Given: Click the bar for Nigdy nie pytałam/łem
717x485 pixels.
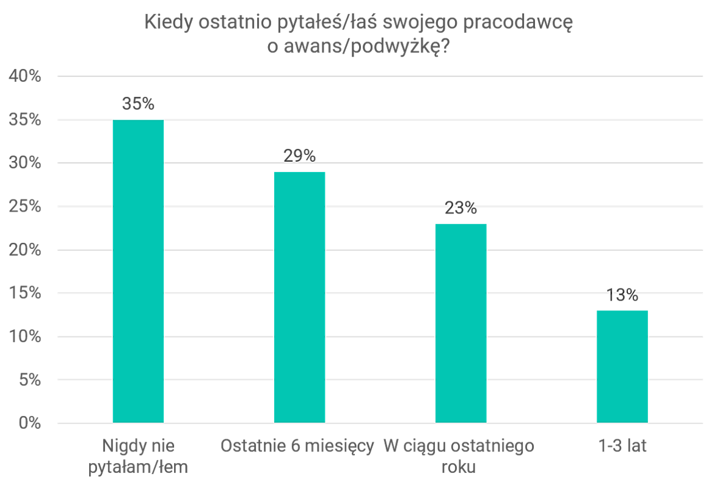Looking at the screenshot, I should (138, 271).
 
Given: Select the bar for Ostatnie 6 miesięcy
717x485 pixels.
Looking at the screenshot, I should (299, 297).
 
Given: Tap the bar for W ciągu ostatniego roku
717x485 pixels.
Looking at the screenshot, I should (460, 323).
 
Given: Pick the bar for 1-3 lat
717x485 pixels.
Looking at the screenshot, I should (622, 367).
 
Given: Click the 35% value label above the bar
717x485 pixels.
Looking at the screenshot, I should (138, 104).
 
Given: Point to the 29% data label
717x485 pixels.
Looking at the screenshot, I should (299, 156).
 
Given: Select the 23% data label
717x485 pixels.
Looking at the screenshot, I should (460, 209).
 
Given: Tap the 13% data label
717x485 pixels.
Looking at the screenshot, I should (622, 296).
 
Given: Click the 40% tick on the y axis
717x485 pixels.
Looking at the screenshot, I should (24, 77).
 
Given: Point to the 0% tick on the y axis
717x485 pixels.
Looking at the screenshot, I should (29, 423).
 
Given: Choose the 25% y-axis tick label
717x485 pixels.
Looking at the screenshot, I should (24, 207).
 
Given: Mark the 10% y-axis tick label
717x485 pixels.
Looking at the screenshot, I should (24, 337).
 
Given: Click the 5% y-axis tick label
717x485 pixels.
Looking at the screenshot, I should (29, 380).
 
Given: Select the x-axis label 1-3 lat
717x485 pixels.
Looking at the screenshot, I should (622, 446).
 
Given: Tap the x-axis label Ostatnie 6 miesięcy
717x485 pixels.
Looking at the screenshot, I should (297, 446).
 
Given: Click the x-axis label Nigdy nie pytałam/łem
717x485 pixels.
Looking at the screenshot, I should (138, 456).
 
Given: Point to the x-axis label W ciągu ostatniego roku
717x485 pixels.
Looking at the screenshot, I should (459, 456).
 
